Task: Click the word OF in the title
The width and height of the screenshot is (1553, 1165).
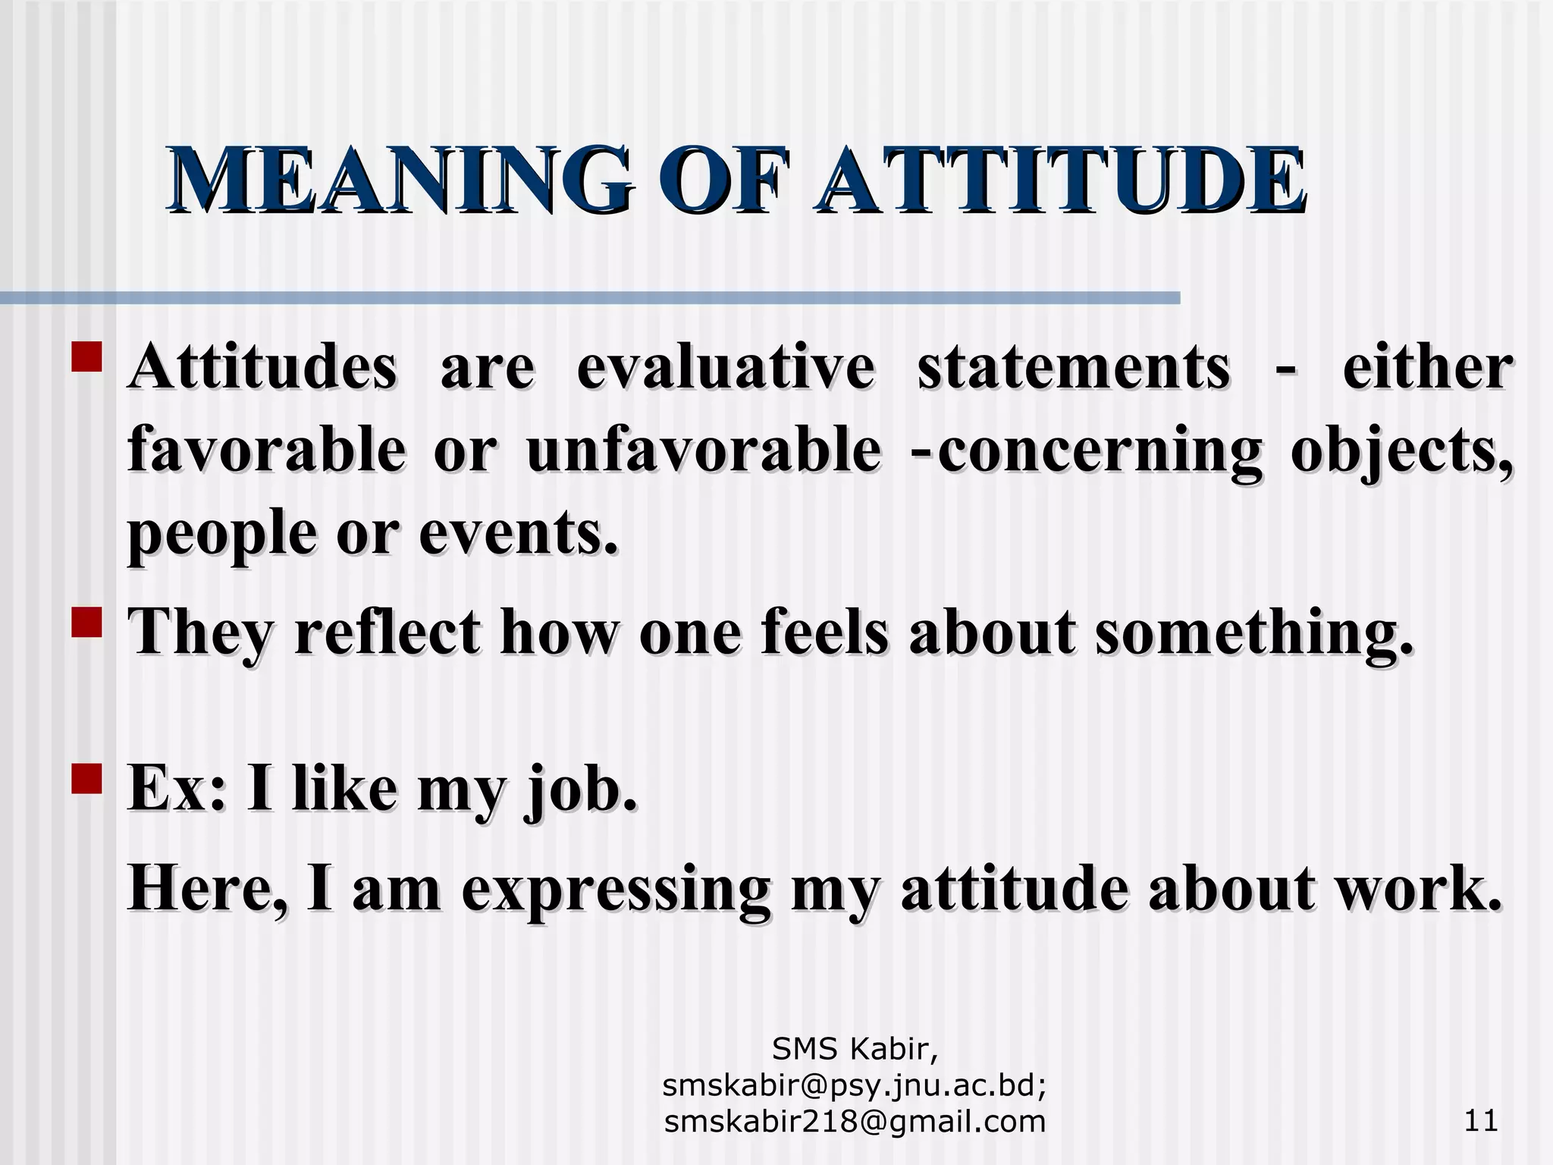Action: tap(721, 182)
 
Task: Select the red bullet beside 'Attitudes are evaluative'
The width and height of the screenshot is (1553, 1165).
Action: tap(86, 357)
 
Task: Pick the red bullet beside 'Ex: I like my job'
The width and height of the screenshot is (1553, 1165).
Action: tap(86, 778)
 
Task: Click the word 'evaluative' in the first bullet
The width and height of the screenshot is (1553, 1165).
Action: tap(726, 369)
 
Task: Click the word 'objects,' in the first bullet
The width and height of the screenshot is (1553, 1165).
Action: tap(1402, 452)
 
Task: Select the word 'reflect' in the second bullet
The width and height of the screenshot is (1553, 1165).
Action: tap(387, 633)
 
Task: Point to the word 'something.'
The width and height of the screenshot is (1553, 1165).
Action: tap(1255, 633)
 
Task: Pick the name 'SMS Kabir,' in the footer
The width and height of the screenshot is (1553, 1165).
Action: tap(855, 1050)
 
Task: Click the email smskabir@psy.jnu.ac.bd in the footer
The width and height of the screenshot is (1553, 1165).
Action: tap(855, 1086)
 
